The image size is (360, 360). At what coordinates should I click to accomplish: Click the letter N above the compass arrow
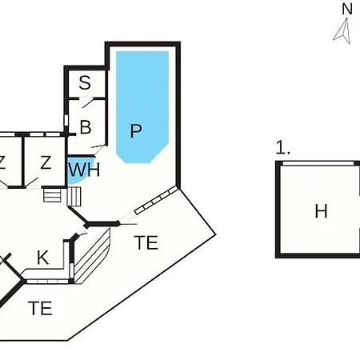pyautogui.click(x=347, y=9)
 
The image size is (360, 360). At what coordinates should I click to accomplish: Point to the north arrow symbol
pyautogui.click(x=343, y=30)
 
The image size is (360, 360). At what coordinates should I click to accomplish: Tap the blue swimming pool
pyautogui.click(x=142, y=106)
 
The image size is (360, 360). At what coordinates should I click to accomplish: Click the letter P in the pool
pyautogui.click(x=136, y=130)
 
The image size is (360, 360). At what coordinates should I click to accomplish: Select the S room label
pyautogui.click(x=85, y=82)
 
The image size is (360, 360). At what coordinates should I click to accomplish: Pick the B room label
pyautogui.click(x=86, y=127)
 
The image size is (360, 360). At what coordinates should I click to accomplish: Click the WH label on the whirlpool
pyautogui.click(x=84, y=170)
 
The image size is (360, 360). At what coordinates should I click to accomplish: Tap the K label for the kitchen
pyautogui.click(x=43, y=258)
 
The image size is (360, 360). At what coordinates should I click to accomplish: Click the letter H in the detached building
pyautogui.click(x=321, y=211)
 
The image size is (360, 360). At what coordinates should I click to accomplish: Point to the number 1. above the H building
pyautogui.click(x=282, y=148)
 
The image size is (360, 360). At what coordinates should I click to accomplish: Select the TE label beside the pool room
pyautogui.click(x=146, y=242)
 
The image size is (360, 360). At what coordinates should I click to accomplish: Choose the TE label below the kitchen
pyautogui.click(x=40, y=308)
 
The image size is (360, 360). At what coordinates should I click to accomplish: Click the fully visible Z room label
pyautogui.click(x=46, y=162)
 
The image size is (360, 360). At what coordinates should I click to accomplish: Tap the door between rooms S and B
pyautogui.click(x=86, y=102)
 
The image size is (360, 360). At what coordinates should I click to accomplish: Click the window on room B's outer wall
pyautogui.click(x=66, y=120)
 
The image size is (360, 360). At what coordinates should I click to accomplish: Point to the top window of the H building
pyautogui.click(x=318, y=163)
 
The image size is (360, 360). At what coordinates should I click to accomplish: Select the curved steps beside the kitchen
pyautogui.click(x=92, y=256)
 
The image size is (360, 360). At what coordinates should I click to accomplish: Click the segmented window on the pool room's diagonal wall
pyautogui.click(x=156, y=200)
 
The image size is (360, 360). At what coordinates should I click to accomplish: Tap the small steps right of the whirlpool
pyautogui.click(x=74, y=197)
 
